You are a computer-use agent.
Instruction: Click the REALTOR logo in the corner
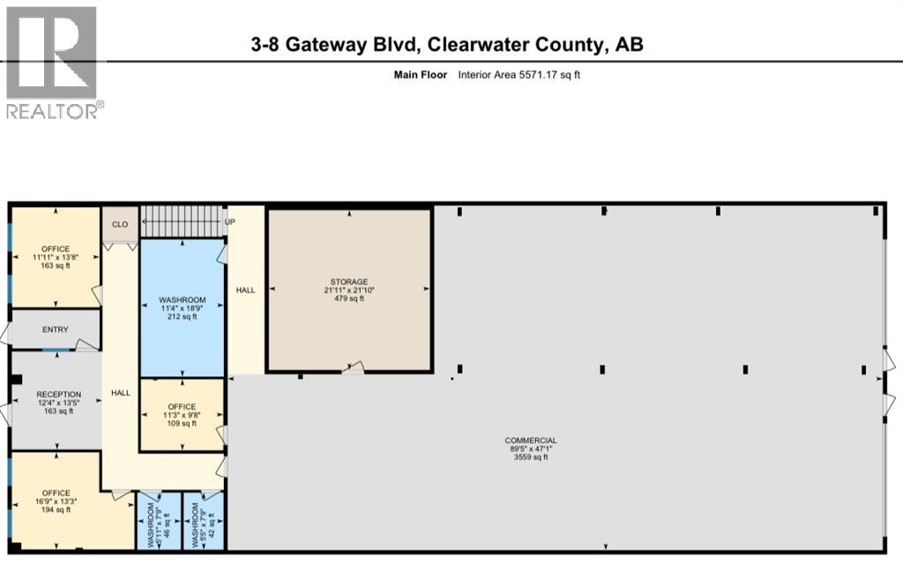(x=51, y=62)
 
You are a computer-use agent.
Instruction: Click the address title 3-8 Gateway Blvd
(x=447, y=45)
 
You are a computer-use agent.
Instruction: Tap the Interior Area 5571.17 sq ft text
(x=519, y=75)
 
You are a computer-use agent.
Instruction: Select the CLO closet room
(x=120, y=225)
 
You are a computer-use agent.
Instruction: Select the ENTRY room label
(x=55, y=330)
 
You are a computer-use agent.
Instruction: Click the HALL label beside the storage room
(x=245, y=290)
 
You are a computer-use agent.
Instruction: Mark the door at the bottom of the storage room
(x=353, y=367)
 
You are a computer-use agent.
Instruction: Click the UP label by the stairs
(x=231, y=222)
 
